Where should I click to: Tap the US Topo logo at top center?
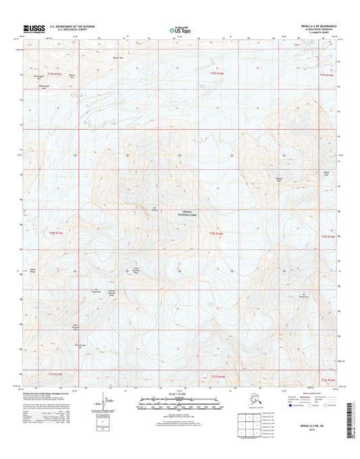[178, 30]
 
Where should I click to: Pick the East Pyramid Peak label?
[136, 270]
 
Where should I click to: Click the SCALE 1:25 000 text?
[180, 395]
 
